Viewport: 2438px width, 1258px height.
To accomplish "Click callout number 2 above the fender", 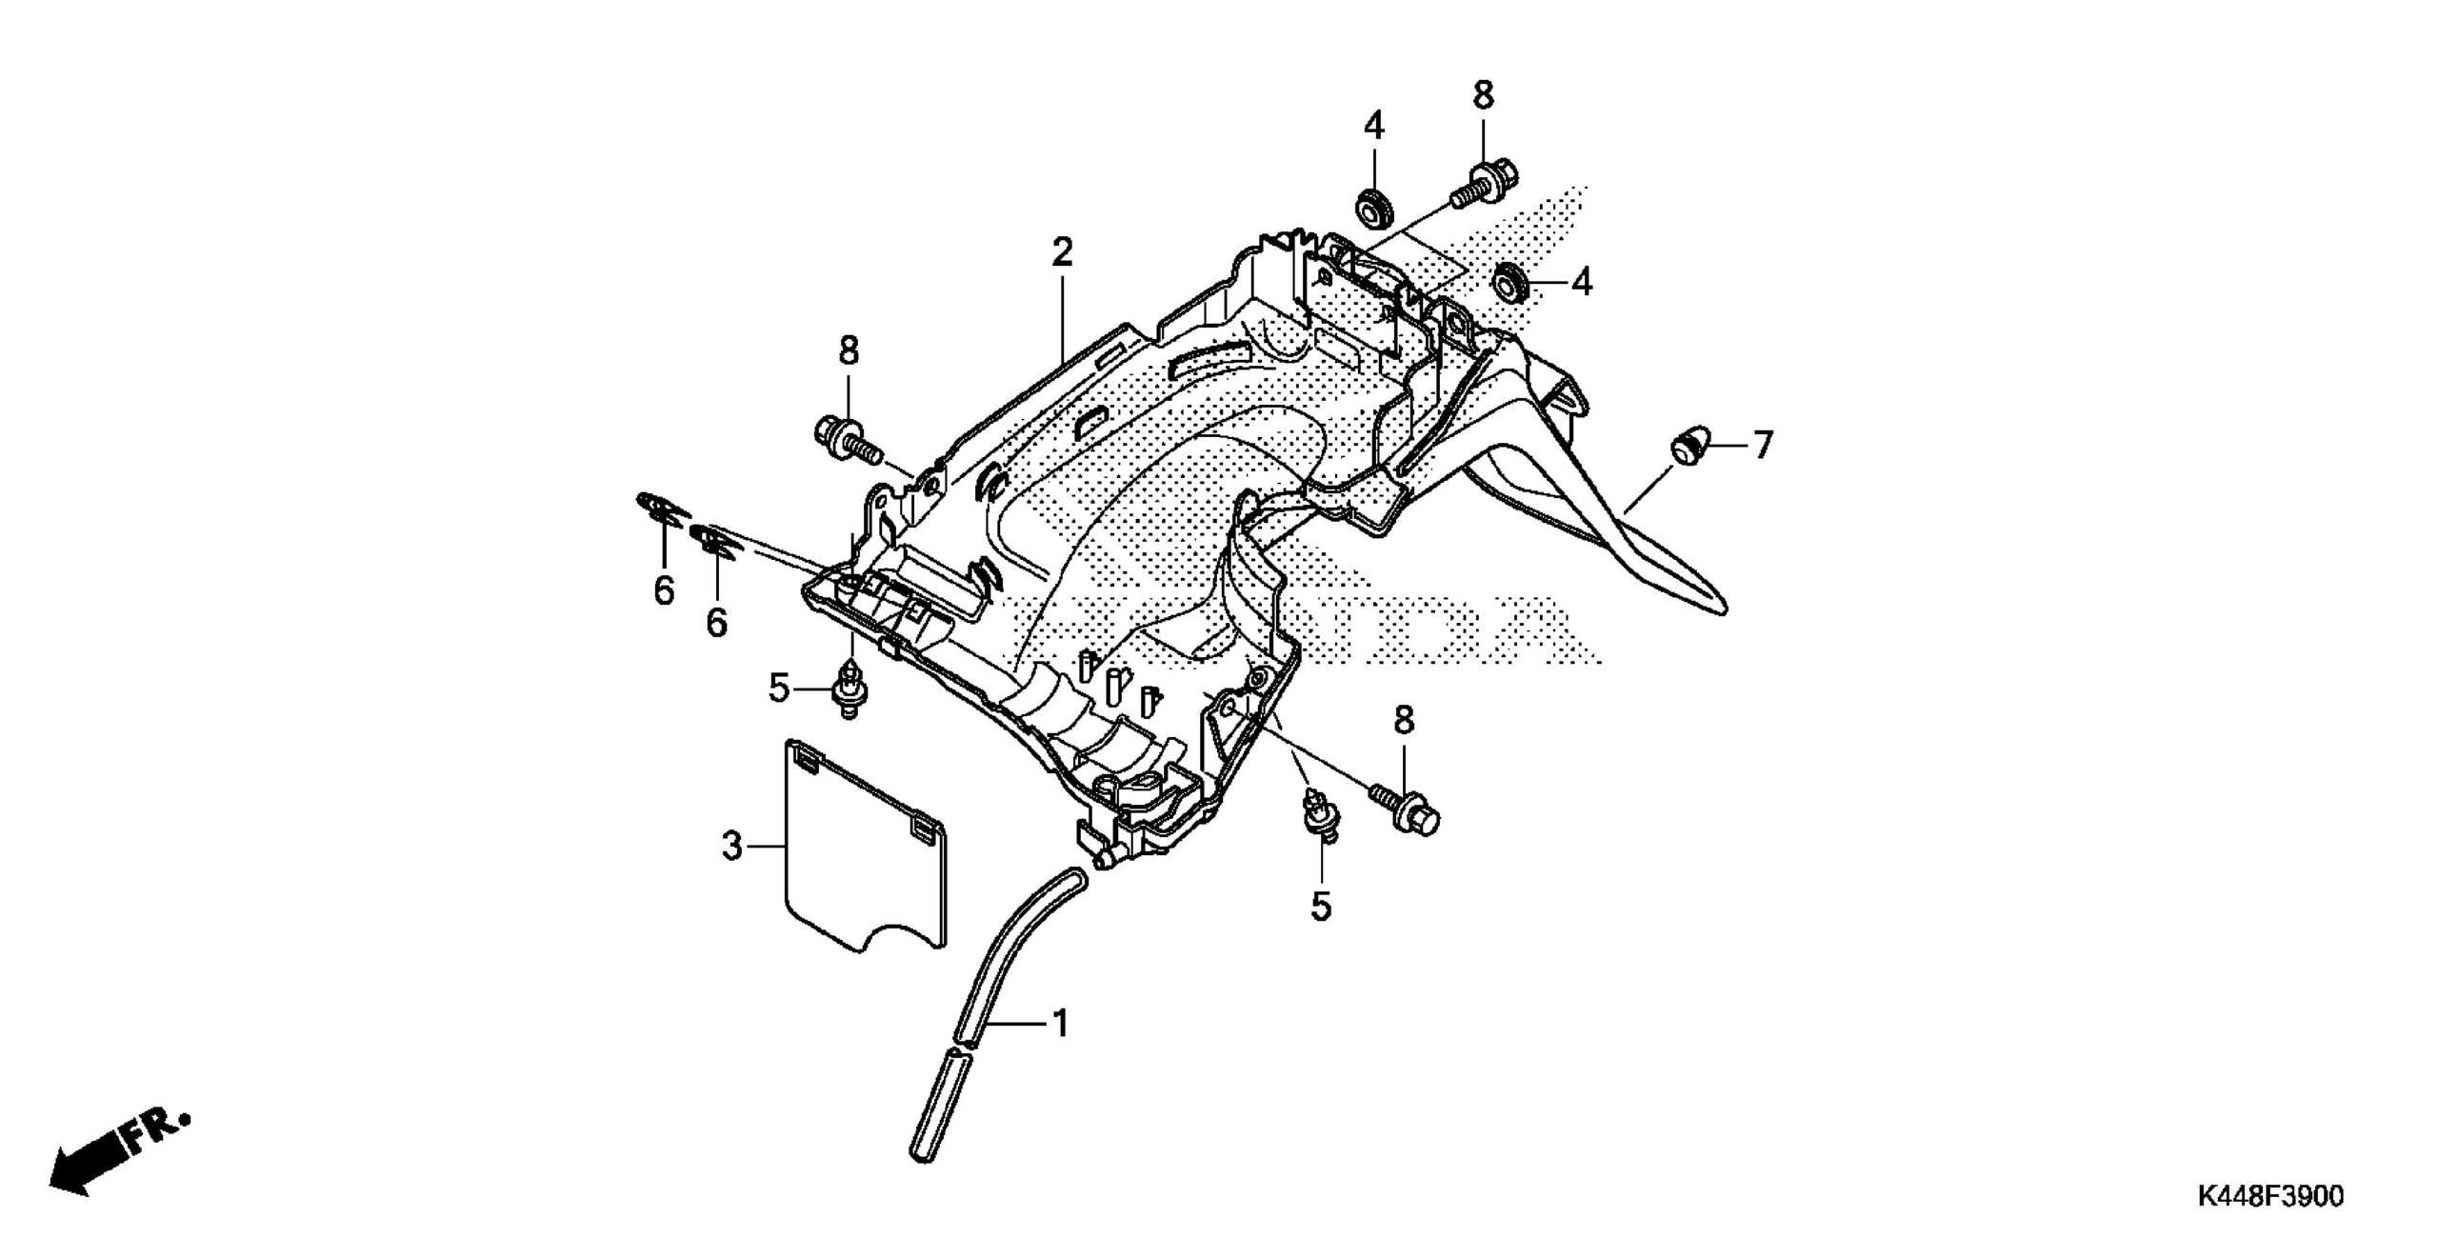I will coord(1062,252).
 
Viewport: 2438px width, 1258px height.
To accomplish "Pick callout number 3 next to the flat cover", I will coord(730,846).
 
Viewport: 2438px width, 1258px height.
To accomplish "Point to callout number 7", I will coord(1763,444).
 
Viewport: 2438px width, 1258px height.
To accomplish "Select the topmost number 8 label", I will coord(1483,95).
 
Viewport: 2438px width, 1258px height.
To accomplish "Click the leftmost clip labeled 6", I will coord(661,509).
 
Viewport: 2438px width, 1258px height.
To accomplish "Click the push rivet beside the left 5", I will coord(847,689).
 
